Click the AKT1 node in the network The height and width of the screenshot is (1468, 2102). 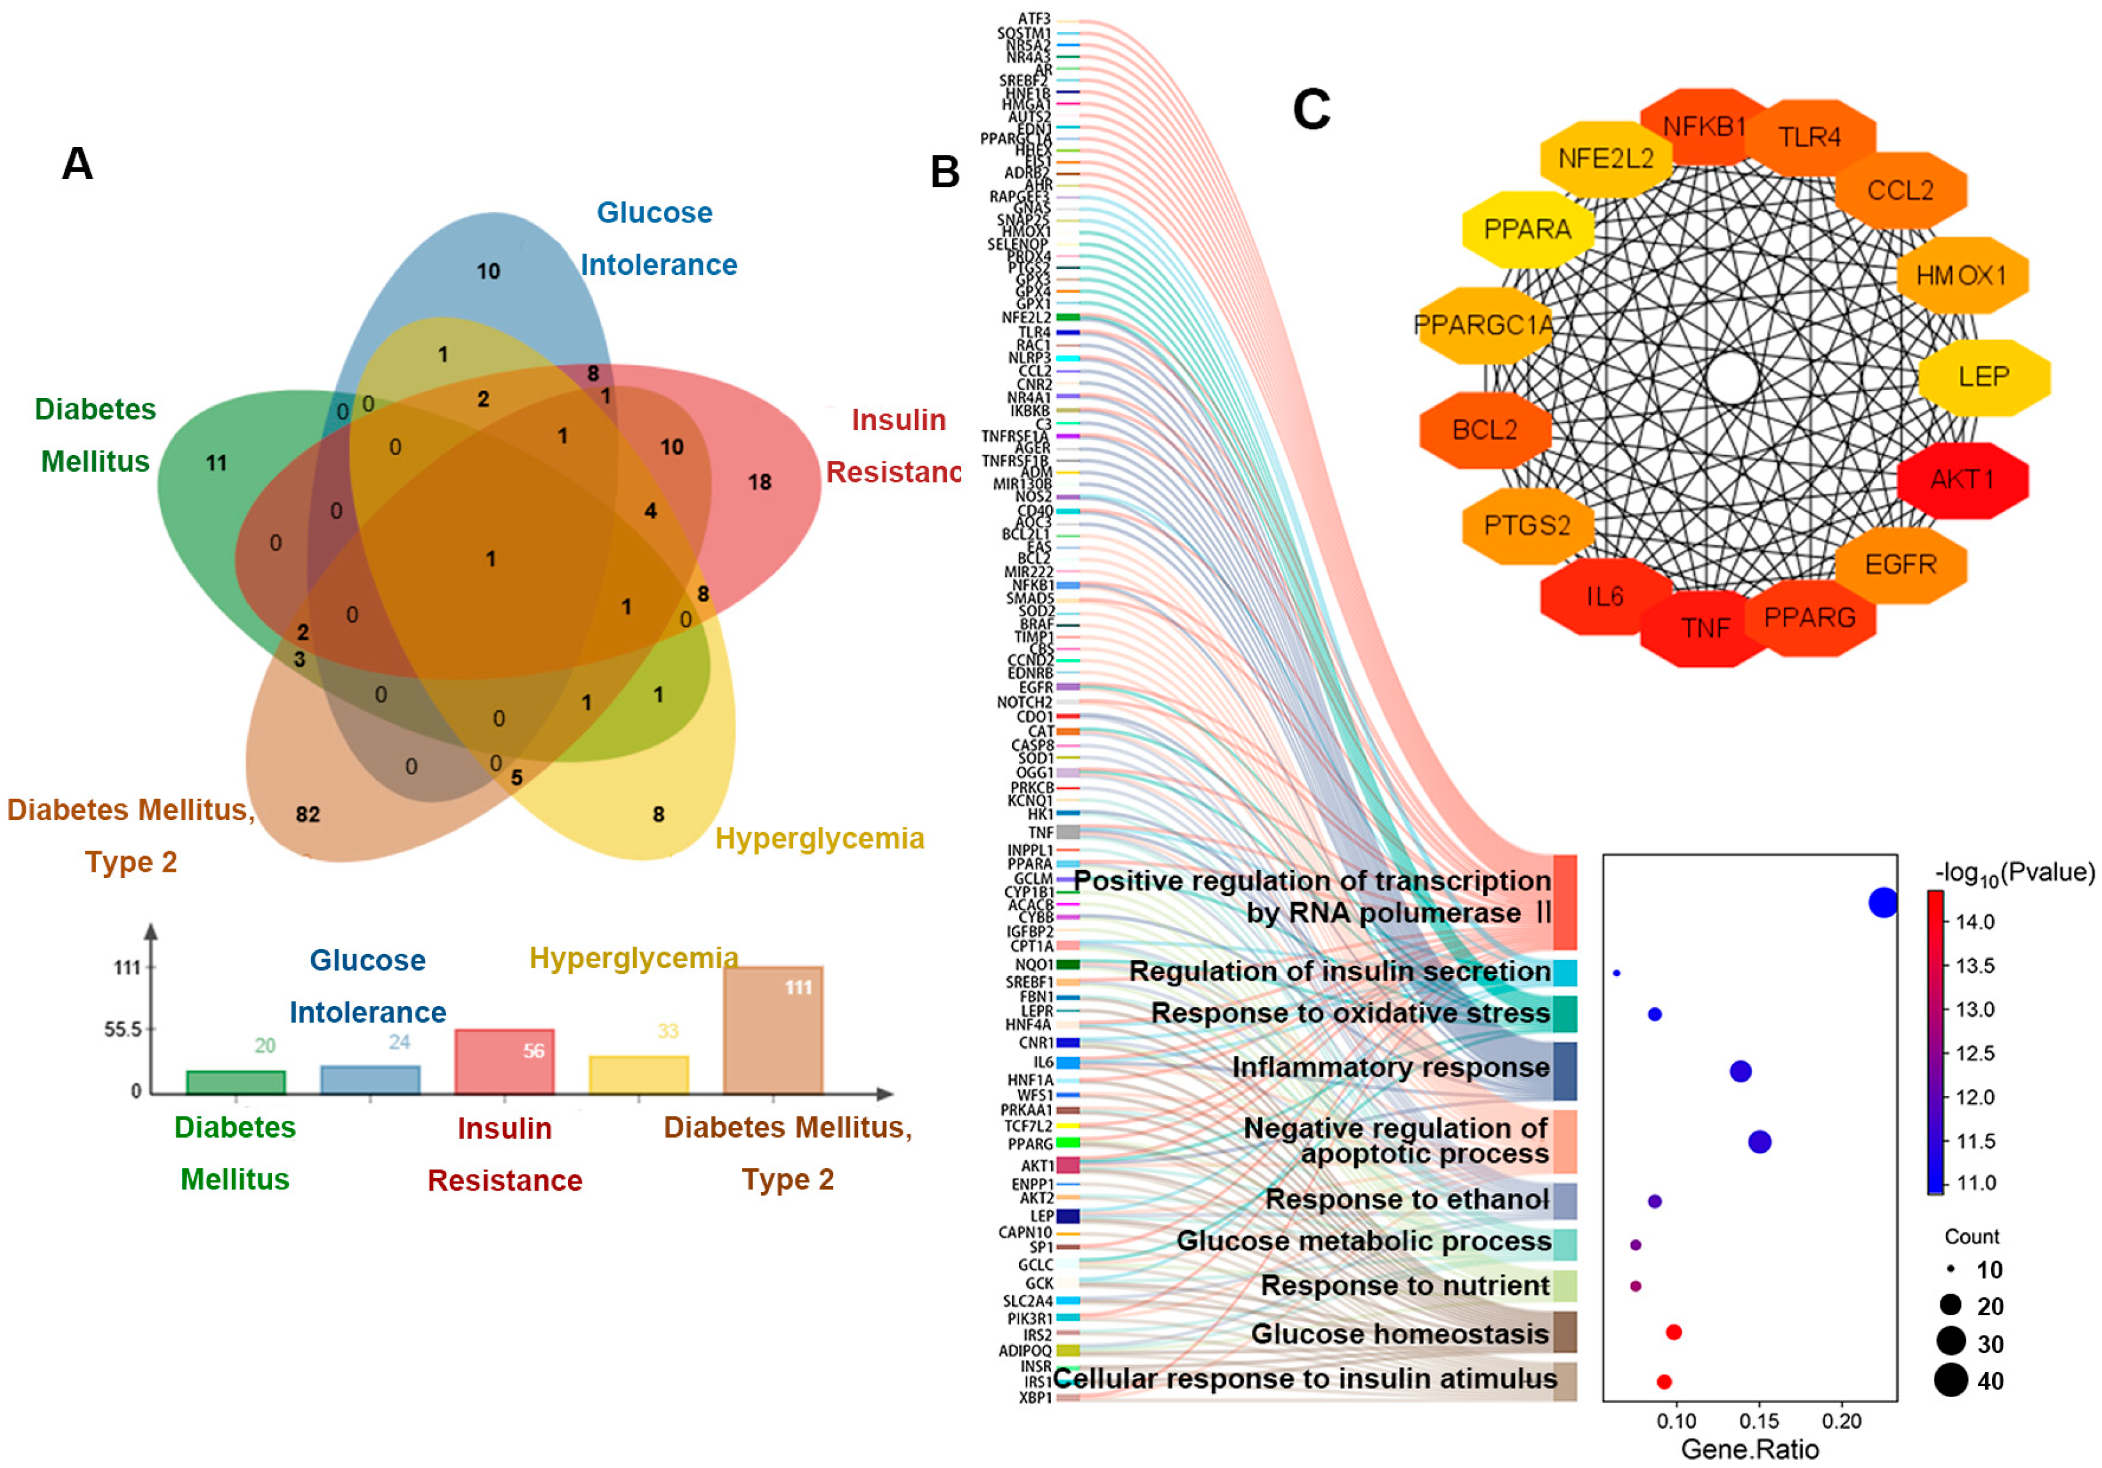[x=1963, y=480]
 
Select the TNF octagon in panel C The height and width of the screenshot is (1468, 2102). [x=1705, y=628]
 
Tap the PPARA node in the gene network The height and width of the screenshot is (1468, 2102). [x=1527, y=229]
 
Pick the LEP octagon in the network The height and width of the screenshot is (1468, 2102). [x=1984, y=376]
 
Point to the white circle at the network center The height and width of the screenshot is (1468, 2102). [x=1732, y=377]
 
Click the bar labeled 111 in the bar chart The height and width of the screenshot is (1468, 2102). [x=774, y=1030]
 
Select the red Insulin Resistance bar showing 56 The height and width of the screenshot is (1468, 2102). [x=505, y=1062]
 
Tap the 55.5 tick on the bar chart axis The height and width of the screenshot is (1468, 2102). [x=123, y=1030]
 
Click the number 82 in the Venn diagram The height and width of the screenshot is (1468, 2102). [x=307, y=814]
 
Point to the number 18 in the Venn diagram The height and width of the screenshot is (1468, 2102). [x=760, y=482]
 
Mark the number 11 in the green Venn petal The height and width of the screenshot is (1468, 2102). [x=216, y=463]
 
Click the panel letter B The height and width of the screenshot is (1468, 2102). [x=945, y=172]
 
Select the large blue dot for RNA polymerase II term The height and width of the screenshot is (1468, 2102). [x=1882, y=903]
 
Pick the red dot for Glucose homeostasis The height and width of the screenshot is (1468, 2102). [x=1673, y=1333]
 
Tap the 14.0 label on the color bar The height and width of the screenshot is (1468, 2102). [x=1975, y=922]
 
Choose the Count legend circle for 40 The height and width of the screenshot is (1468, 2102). [x=1951, y=1380]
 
